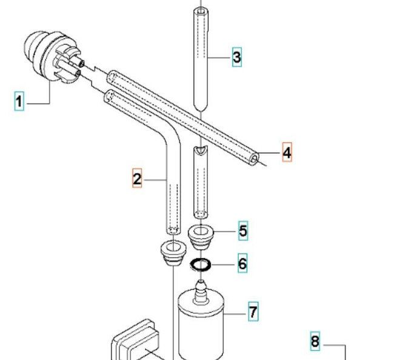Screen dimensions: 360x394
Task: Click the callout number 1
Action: (x=19, y=101)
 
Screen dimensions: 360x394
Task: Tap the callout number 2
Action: (x=138, y=179)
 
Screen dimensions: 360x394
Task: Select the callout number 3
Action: (x=236, y=58)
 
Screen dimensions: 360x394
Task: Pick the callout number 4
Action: (x=287, y=153)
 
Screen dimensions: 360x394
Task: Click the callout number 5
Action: (x=242, y=230)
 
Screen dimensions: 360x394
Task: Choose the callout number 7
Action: (x=253, y=313)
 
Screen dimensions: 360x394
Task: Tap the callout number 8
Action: (x=315, y=341)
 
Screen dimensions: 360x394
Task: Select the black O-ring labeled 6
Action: (x=201, y=264)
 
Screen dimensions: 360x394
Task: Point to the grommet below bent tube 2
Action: (x=172, y=250)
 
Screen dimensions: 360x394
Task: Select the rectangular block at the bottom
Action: (x=135, y=342)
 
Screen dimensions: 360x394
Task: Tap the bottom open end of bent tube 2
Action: (x=172, y=230)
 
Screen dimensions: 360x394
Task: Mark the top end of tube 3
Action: (x=203, y=10)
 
